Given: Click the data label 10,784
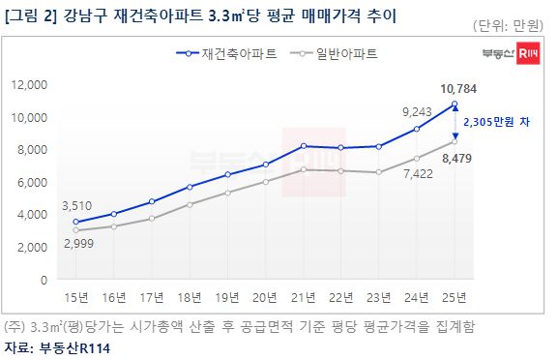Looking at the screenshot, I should point(458,88).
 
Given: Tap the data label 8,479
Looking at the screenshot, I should point(458,158).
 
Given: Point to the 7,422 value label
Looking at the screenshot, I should point(416,174).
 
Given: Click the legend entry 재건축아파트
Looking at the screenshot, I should point(237,54).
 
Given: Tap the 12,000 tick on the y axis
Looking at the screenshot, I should point(30,85).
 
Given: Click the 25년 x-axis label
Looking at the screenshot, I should point(454,297).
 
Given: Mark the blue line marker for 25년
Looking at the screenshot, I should point(454,105).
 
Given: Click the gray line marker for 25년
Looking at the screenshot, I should point(454,142).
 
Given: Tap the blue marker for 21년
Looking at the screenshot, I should point(304,146).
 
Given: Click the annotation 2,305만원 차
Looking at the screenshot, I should point(496,123).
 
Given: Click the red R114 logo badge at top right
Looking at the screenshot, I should point(529,54).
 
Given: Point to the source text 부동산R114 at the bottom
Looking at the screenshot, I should point(77,348).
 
